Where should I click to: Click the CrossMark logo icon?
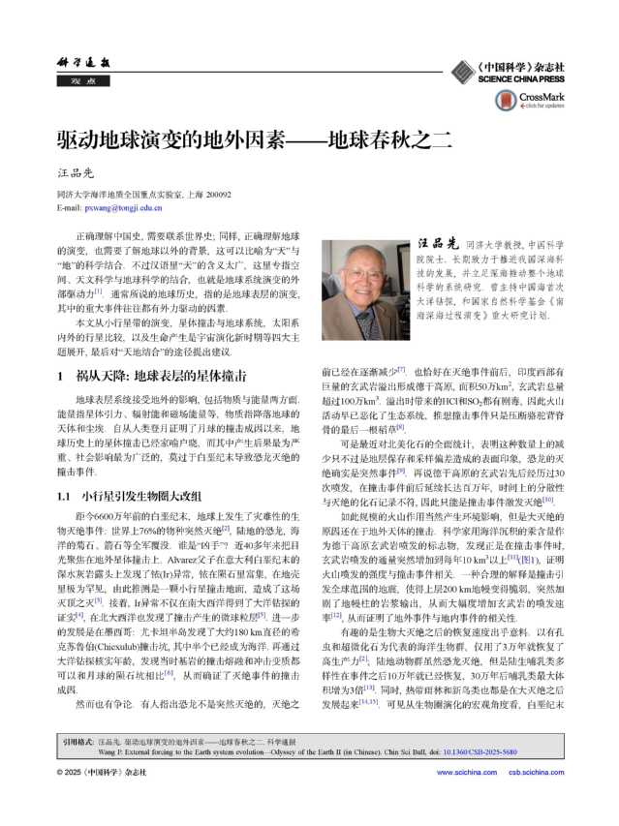coord(507,100)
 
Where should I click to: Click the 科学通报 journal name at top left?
coord(80,61)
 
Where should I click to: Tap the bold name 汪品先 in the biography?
coord(437,244)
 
